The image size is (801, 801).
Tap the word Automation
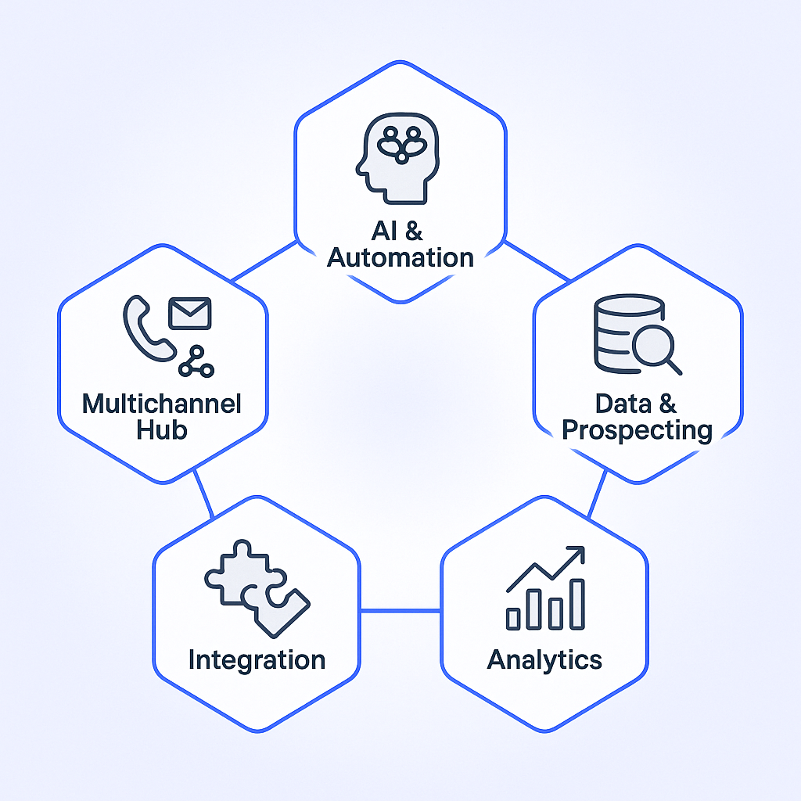pos(400,257)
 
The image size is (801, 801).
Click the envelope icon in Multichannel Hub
pos(190,313)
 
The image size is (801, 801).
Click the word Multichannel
pos(162,404)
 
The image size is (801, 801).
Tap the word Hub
pos(162,429)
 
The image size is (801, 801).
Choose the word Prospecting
pos(638,429)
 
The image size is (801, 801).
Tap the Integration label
pos(257,659)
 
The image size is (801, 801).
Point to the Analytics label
pos(544,659)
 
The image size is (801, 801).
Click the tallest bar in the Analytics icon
pos(577,604)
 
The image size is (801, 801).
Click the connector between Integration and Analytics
pos(400,610)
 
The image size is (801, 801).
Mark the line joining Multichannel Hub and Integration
pos(203,493)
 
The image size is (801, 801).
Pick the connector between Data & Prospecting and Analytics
pos(598,493)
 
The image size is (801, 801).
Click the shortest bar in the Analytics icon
pos(514,619)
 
